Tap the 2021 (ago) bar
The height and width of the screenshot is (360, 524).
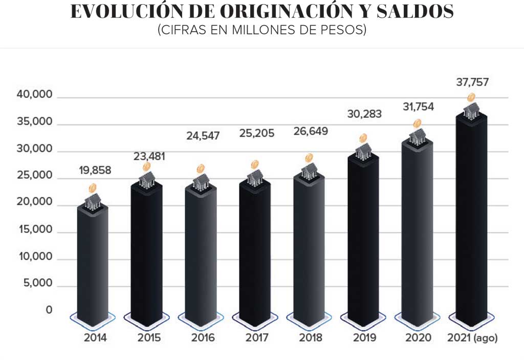point(471,220)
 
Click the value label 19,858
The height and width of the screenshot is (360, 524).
point(95,171)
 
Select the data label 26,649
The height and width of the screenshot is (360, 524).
point(311,132)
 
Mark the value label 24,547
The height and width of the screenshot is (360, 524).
point(203,136)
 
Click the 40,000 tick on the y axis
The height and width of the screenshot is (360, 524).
point(36,95)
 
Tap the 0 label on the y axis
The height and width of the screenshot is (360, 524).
point(49,310)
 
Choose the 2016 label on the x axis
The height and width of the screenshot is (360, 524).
point(203,338)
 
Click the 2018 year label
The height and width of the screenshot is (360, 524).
point(311,338)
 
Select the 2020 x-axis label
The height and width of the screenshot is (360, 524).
point(418,338)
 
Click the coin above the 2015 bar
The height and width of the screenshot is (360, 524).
point(147,167)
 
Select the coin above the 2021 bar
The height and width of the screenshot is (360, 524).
point(471,98)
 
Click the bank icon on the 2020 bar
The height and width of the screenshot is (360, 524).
point(418,136)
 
